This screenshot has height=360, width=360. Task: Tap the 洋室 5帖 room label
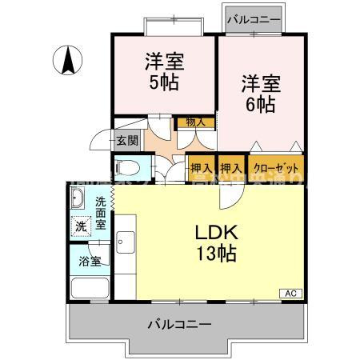pos(162,71)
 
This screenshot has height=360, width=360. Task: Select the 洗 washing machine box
pos(80,226)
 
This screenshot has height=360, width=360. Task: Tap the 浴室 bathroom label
pos(89,261)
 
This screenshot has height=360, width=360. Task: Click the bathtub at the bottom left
pos(90,287)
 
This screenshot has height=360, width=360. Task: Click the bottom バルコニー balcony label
pos(179,326)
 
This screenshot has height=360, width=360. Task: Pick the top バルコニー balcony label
pos(252,18)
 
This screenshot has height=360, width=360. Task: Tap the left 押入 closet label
pos(202,169)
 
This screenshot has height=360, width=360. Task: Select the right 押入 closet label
pos(231,169)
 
